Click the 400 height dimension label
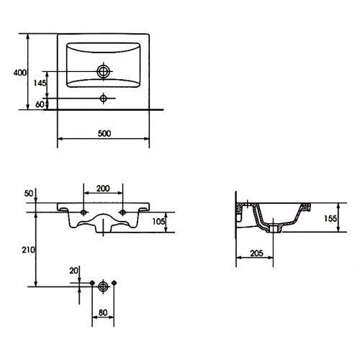pos(20,73)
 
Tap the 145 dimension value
pos(40,84)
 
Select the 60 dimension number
pos(40,104)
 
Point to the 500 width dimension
pos(104,133)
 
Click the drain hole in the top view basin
pos(104,71)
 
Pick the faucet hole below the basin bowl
pos(104,98)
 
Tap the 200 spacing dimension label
pos(103,189)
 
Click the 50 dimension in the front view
pos(29,194)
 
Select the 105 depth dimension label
pos(158,222)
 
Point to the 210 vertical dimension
pos(28,250)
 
